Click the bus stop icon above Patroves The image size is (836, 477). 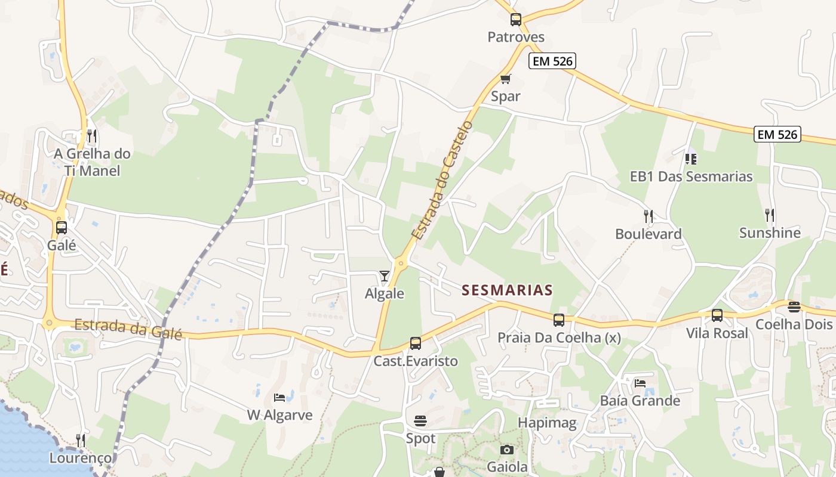516,20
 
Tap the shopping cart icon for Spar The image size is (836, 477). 506,79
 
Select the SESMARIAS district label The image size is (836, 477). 507,290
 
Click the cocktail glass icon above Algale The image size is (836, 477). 384,276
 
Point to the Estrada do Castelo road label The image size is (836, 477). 442,180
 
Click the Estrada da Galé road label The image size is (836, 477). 128,329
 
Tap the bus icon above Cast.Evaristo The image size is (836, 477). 415,343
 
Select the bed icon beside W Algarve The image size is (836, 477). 279,397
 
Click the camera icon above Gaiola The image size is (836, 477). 506,450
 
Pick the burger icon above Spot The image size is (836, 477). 420,421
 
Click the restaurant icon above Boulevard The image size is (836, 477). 648,216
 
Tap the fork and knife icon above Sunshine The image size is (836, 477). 769,215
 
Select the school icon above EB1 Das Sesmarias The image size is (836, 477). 691,159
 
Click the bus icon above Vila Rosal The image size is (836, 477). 717,315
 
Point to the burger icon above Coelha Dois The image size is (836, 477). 794,307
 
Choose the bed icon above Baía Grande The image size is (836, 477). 640,383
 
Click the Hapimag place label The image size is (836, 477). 547,423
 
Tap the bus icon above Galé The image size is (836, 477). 61,228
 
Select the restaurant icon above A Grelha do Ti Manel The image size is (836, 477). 91,136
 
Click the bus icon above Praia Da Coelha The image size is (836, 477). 559,320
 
